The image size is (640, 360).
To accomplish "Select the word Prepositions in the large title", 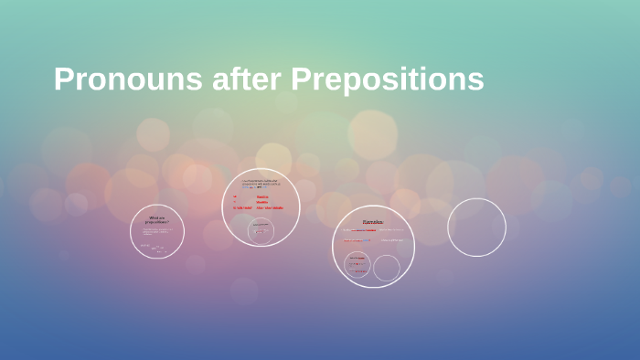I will (x=388, y=79).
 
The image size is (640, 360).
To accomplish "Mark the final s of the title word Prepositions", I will (x=475, y=81).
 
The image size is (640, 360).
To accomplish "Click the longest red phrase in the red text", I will (x=271, y=208).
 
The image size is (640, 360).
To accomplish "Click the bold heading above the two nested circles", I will (x=373, y=222).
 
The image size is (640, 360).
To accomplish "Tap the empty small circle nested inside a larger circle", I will (x=387, y=268).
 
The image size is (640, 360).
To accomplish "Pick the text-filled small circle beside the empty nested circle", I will (x=357, y=266).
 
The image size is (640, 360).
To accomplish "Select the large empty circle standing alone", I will (x=476, y=228).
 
